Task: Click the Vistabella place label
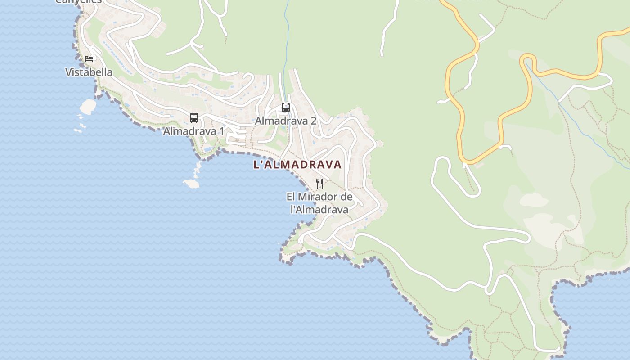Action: [89, 72]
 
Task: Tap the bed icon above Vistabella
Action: [89, 59]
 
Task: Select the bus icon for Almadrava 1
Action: [194, 118]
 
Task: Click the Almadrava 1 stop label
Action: [193, 131]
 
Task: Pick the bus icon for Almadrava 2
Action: [286, 108]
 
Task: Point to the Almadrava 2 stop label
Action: [286, 121]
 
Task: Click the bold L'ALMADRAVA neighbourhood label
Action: [297, 165]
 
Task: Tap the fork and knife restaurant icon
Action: [319, 183]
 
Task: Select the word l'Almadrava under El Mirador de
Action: [319, 210]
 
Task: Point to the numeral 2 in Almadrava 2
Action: [313, 121]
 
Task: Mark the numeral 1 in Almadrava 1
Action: [221, 131]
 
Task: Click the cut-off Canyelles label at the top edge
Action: [79, 2]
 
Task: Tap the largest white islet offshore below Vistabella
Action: [88, 106]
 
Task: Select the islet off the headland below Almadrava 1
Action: [191, 183]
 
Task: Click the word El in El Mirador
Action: [291, 197]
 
